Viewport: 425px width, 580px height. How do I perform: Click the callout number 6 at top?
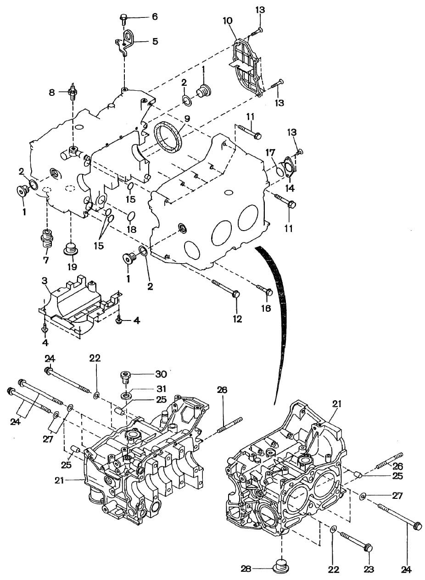tap(155, 17)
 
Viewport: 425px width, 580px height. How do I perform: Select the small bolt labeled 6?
tap(123, 18)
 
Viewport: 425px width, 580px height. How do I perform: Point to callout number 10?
tap(228, 21)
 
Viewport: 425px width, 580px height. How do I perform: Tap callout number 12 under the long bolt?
tap(237, 319)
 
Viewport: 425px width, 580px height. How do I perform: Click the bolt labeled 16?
tap(265, 291)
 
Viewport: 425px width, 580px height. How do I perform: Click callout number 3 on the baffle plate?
tap(45, 281)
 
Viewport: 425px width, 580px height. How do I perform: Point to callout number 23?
tap(369, 569)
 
